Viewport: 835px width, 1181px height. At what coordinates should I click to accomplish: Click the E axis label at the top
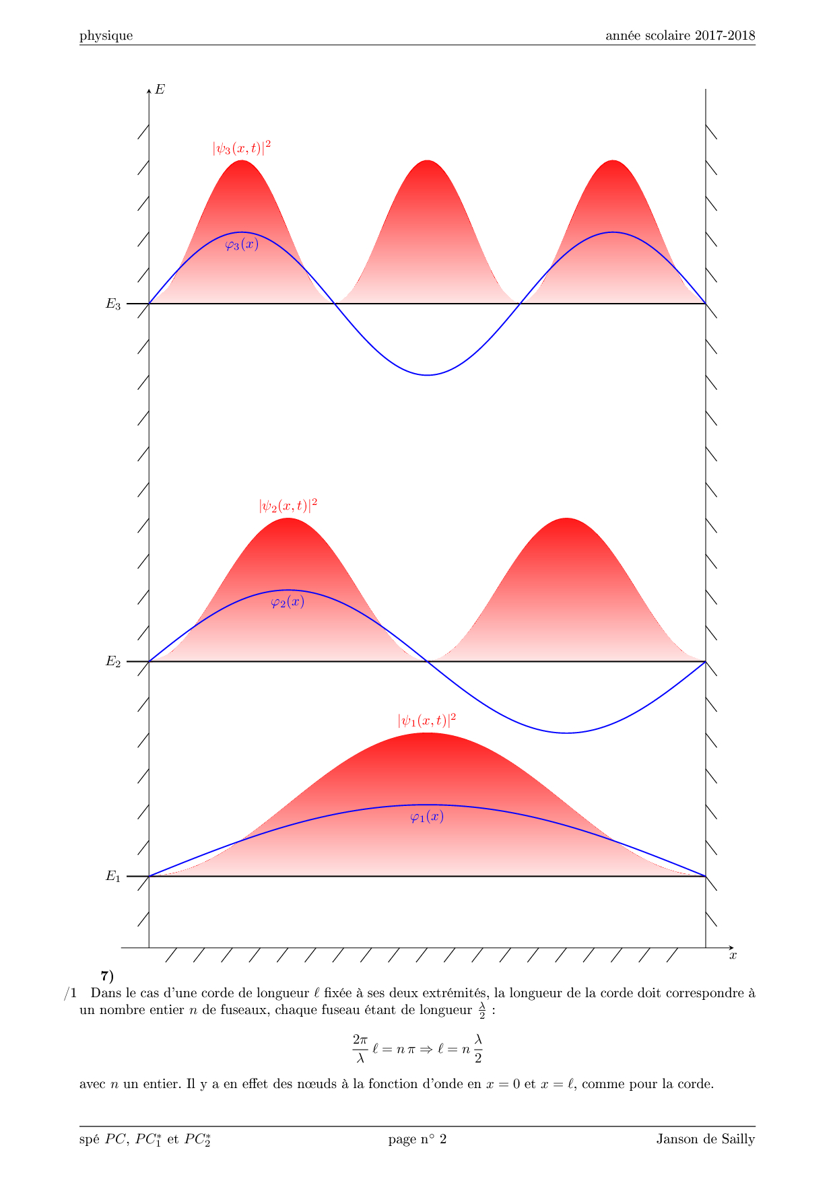[160, 90]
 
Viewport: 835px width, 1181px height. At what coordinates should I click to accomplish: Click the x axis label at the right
[733, 955]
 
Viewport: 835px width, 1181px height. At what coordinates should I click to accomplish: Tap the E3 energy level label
[113, 304]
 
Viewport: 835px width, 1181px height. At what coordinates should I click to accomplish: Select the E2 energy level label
[113, 661]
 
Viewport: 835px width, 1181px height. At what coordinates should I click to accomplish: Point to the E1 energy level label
[113, 876]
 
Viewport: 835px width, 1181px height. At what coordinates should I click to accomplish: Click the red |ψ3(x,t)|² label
[242, 147]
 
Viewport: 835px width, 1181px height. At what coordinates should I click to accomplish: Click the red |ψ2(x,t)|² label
[288, 505]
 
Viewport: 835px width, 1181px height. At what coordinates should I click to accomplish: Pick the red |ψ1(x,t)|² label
[427, 720]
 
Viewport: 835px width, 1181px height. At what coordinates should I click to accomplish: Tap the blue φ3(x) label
[242, 244]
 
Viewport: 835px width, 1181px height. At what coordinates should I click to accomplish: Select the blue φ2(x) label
[288, 602]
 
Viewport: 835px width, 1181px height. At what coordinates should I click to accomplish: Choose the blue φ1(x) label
[427, 817]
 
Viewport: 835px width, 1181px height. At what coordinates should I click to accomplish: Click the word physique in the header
[106, 36]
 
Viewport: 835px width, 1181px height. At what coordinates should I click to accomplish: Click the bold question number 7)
[107, 976]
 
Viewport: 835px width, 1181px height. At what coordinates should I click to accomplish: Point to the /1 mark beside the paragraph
[71, 993]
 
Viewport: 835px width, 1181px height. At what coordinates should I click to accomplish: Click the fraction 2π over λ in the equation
[360, 1048]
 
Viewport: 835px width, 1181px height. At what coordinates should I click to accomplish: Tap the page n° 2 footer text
[417, 1139]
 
